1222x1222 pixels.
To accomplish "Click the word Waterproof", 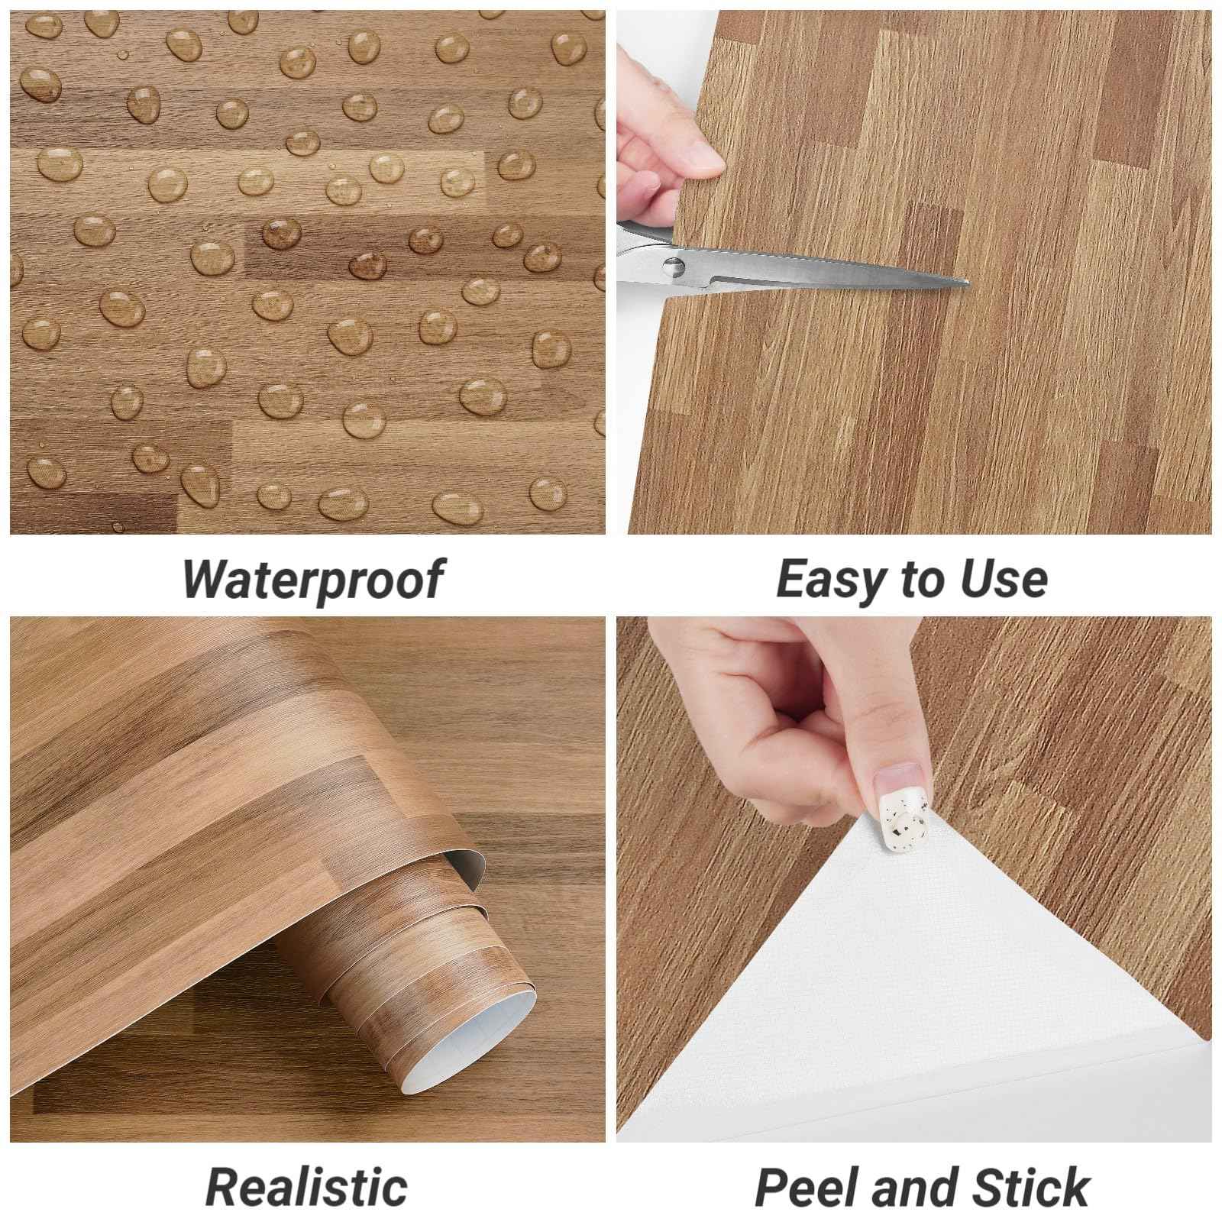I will coord(312,579).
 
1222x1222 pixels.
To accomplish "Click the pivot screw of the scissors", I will coord(673,267).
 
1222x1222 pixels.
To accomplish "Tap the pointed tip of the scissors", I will coord(967,283).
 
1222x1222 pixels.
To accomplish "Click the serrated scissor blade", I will coord(802,264).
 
